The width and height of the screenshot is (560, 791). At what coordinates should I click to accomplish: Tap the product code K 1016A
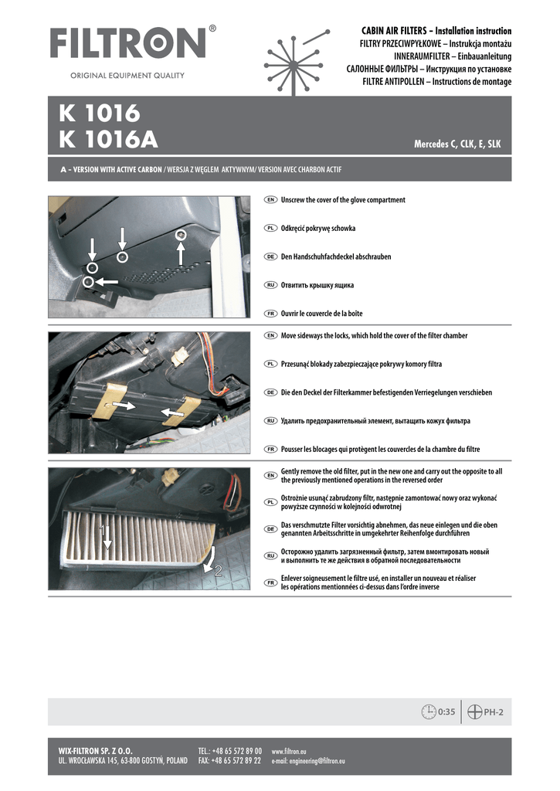[x=108, y=141]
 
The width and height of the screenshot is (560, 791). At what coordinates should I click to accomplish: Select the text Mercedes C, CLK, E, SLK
[x=457, y=144]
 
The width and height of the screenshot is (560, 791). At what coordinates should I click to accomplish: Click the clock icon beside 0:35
[x=429, y=711]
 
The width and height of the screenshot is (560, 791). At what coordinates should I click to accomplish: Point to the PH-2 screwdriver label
[x=494, y=712]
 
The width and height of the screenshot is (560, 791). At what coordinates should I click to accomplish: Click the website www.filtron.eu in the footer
[x=289, y=751]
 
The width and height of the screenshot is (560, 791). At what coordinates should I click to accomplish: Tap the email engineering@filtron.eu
[x=308, y=761]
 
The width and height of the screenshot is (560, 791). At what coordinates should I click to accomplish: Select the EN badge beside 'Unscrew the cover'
[x=271, y=200]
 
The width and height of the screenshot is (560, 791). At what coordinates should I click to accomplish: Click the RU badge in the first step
[x=271, y=285]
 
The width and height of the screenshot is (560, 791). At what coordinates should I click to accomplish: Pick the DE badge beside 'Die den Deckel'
[x=271, y=392]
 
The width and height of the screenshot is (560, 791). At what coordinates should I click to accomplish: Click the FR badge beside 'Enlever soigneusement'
[x=271, y=582]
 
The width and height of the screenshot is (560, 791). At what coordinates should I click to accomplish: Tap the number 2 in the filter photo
[x=219, y=572]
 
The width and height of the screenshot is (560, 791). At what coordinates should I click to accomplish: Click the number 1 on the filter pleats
[x=103, y=530]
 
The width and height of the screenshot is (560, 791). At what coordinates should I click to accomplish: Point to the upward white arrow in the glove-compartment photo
[x=181, y=253]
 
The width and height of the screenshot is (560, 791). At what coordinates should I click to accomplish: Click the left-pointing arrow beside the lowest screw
[x=107, y=281]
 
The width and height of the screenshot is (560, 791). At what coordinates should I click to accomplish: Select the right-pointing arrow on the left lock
[x=124, y=405]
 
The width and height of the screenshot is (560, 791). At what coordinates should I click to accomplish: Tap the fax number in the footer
[x=229, y=761]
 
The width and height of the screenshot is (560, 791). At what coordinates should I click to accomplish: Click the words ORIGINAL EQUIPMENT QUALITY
[x=127, y=76]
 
